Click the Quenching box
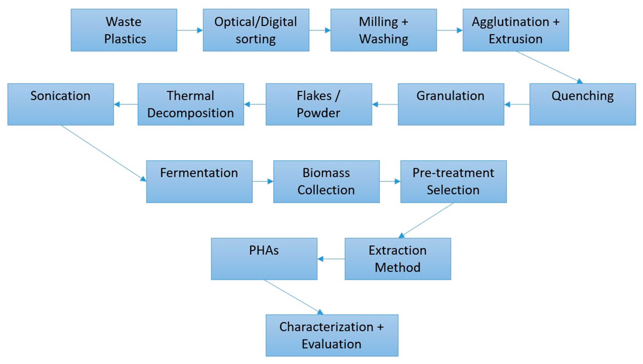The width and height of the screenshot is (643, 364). [x=583, y=104]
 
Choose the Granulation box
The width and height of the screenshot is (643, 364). [x=451, y=104]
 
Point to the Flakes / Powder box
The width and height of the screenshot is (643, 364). [x=319, y=104]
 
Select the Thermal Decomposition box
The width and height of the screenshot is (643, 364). [x=191, y=104]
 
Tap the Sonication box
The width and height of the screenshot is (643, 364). [x=60, y=104]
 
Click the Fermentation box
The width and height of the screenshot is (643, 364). [x=199, y=181]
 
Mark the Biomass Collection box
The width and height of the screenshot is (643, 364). [x=326, y=181]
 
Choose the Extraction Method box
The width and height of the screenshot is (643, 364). [x=398, y=259]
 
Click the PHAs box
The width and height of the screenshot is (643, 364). [x=264, y=259]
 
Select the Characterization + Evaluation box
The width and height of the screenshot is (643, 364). [x=332, y=335]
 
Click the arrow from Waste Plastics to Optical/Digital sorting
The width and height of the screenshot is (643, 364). [x=190, y=30]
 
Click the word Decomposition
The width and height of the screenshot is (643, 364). [x=191, y=113]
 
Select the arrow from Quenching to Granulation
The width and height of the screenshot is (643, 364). [x=517, y=104]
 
